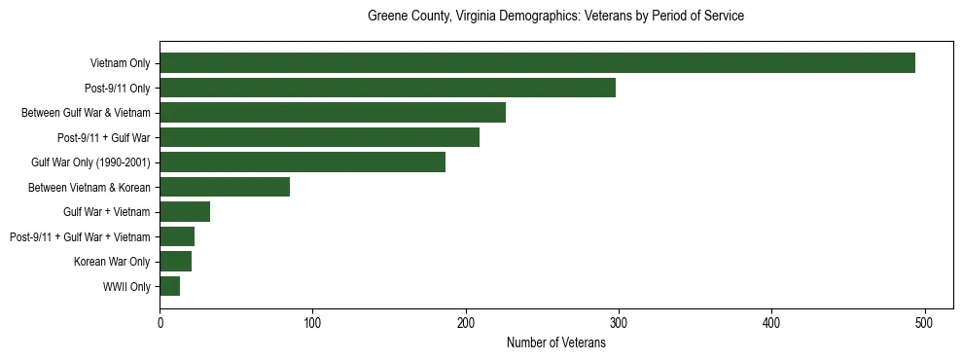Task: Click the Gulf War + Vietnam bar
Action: [185, 212]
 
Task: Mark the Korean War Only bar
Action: [175, 262]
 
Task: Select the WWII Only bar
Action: [169, 286]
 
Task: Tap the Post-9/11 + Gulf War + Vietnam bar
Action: [177, 236]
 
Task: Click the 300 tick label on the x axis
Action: [619, 322]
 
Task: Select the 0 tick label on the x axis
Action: [160, 322]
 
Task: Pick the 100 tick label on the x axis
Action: [312, 322]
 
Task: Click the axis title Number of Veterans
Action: [555, 342]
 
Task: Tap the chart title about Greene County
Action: [555, 17]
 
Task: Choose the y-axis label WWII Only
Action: [126, 287]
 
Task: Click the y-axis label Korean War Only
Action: [112, 262]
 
